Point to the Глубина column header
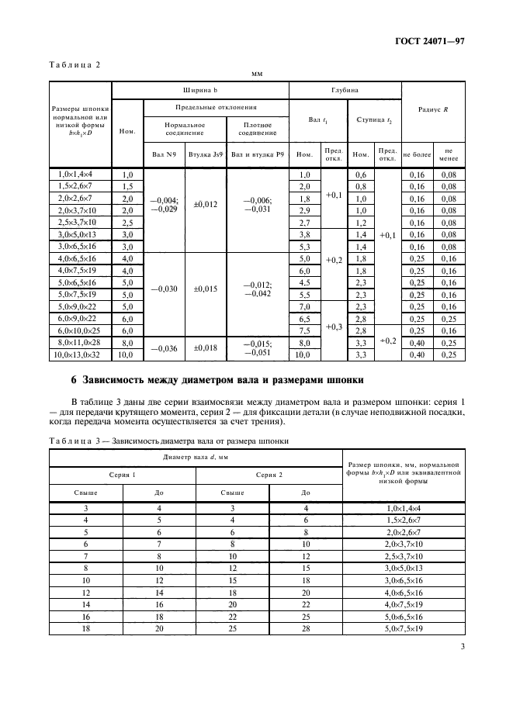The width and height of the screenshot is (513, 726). point(344,89)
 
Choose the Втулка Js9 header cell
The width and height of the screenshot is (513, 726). point(205,154)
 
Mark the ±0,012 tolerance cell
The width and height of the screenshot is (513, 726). point(205,204)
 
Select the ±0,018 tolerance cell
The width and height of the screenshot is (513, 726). point(205,349)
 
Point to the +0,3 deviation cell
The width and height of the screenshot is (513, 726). point(334,326)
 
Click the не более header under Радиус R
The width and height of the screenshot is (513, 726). point(416,154)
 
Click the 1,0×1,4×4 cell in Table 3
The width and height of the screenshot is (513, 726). point(403,508)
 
